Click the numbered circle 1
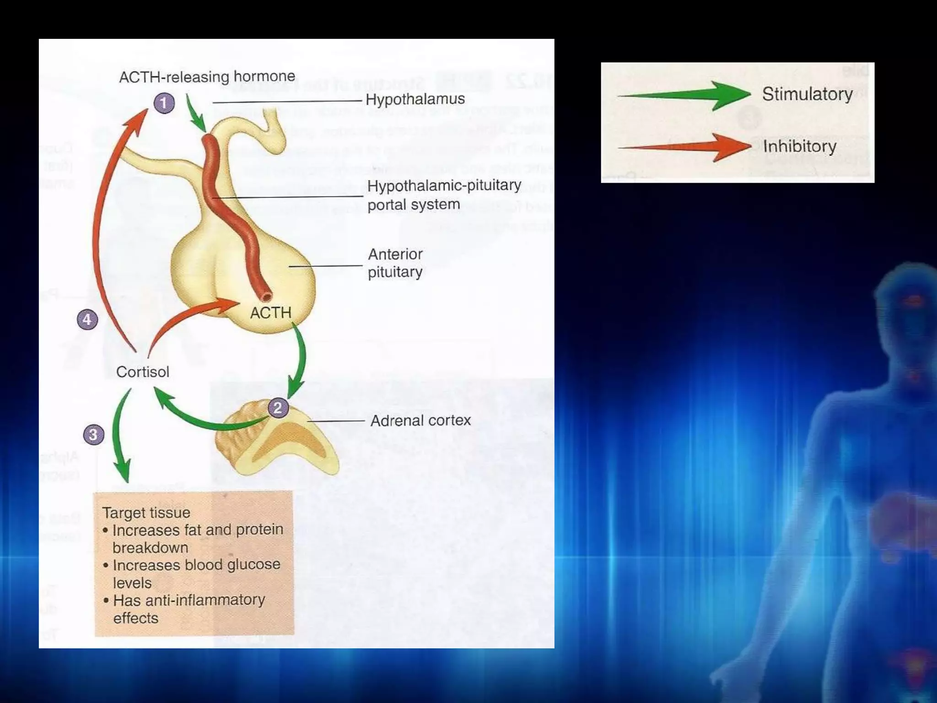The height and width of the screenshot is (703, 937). point(164,103)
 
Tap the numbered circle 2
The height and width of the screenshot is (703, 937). point(277,407)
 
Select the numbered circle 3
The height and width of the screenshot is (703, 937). point(93,434)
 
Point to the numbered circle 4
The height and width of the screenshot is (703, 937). point(87,319)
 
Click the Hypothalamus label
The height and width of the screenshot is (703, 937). point(415,99)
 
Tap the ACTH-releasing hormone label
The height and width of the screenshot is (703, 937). point(207,76)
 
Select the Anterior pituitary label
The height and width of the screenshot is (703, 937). point(395,263)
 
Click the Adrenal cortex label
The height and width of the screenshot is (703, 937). point(420,420)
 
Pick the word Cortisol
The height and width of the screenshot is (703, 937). point(142,372)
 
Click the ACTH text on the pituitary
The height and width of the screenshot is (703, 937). point(270,313)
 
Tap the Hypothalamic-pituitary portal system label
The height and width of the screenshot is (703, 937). point(444,195)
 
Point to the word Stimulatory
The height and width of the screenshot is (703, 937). point(807,94)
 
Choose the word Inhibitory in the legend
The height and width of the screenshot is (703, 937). point(799,146)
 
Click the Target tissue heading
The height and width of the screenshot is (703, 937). point(146,513)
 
